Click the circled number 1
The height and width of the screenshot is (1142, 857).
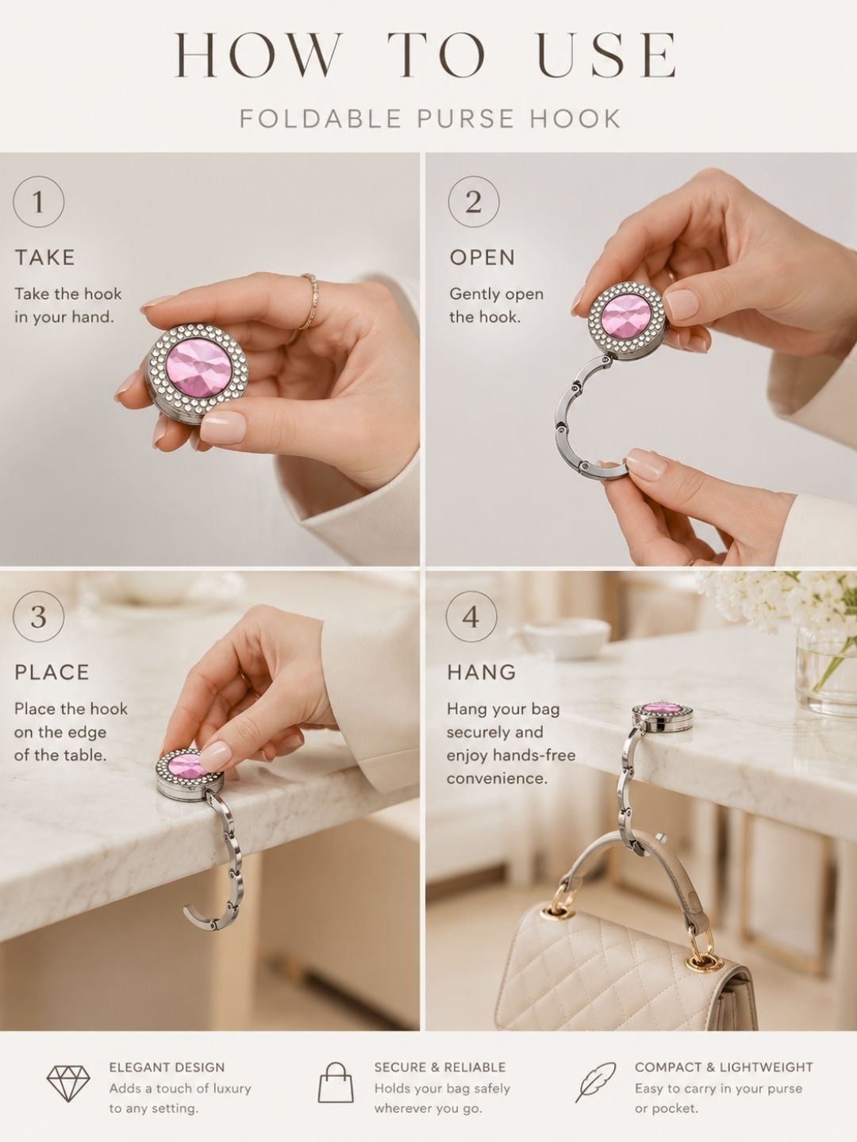click(x=39, y=201)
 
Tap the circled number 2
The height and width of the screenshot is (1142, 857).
click(x=474, y=201)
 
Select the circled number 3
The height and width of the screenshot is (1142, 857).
click(x=39, y=616)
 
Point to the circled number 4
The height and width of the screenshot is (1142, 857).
click(x=471, y=616)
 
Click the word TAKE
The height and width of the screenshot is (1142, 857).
click(x=44, y=258)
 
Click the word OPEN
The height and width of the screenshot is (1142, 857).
click(x=482, y=258)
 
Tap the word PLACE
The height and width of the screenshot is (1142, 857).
click(x=52, y=673)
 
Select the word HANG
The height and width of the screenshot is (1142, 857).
click(x=482, y=673)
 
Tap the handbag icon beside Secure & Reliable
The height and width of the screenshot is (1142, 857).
click(x=336, y=1083)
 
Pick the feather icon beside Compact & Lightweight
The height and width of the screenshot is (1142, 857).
click(x=595, y=1083)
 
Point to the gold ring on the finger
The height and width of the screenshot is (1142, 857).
click(x=310, y=302)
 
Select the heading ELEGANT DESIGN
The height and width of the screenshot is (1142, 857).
click(x=167, y=1067)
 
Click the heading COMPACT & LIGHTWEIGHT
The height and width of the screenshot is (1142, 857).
click(x=724, y=1067)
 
